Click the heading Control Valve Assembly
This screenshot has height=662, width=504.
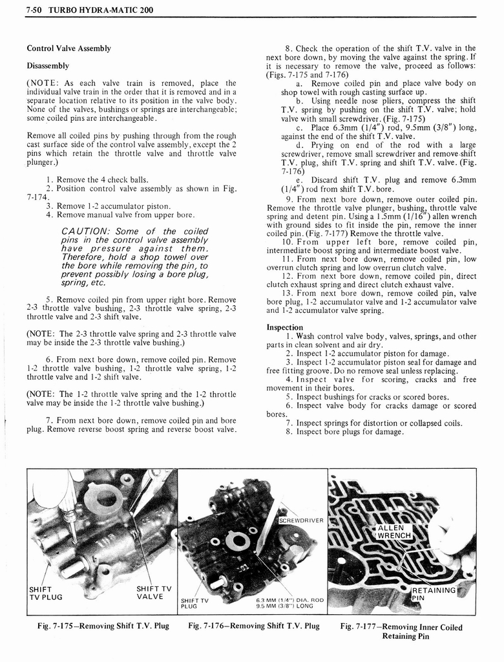point(68,48)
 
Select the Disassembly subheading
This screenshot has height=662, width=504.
point(48,66)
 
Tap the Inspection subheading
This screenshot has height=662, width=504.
point(285,327)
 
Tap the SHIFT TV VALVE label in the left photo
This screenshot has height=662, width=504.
point(154,592)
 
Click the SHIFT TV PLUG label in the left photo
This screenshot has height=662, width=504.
point(45,593)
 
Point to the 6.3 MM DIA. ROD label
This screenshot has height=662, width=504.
point(289,602)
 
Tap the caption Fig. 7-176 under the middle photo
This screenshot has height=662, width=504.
point(254,626)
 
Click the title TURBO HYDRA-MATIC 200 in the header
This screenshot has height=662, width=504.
point(92,10)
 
